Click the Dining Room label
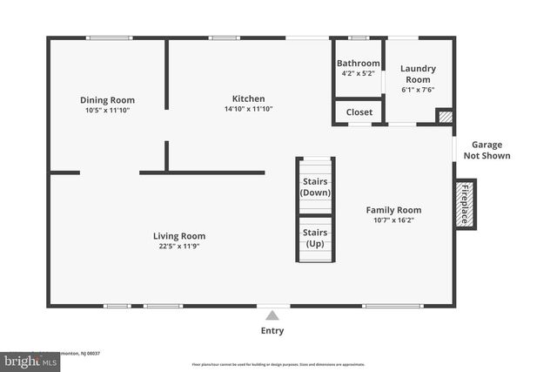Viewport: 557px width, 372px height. (x=107, y=100)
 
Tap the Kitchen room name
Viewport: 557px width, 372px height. (x=248, y=98)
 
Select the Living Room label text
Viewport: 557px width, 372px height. (x=179, y=235)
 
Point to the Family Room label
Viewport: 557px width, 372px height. (x=393, y=210)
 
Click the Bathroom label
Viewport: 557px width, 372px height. (x=359, y=63)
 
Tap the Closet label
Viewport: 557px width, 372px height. (x=359, y=112)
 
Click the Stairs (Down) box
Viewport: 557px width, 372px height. (x=315, y=186)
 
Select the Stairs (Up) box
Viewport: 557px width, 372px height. (x=315, y=238)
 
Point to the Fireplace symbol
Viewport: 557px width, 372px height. (x=464, y=205)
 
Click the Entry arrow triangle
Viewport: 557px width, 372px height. (x=272, y=315)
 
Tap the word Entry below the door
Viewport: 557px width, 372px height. (x=272, y=331)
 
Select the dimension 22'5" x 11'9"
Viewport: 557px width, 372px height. (x=179, y=246)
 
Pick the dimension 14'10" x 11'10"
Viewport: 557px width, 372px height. (x=248, y=109)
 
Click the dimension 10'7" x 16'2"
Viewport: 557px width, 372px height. (x=393, y=220)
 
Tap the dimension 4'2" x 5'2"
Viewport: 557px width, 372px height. (x=359, y=73)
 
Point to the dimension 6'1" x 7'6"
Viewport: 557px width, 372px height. (x=418, y=89)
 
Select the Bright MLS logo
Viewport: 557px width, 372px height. (x=25, y=359)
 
